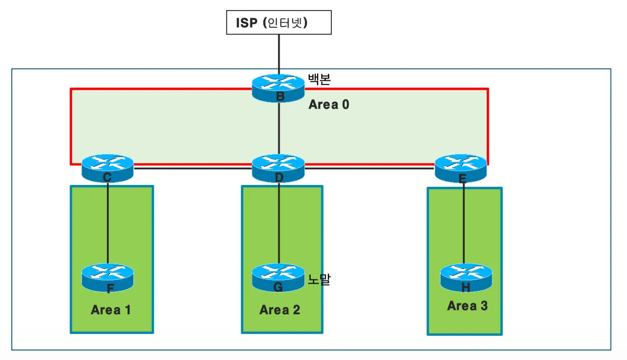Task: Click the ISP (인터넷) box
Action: pos(279,23)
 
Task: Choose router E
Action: pos(461,168)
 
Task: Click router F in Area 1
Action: pos(107,277)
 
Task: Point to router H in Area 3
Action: pos(466,277)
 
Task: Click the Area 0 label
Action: pos(329,105)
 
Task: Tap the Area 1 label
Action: pos(111,310)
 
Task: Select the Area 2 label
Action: pos(280,310)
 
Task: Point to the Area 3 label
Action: pos(467,306)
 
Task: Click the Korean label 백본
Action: pos(319,79)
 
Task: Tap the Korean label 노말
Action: pos(319,279)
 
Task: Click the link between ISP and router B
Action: pos(278,53)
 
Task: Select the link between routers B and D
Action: pos(278,128)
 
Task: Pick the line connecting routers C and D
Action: pos(192,169)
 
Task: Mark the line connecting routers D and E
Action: pos(369,169)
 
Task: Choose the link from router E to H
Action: pos(464,224)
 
